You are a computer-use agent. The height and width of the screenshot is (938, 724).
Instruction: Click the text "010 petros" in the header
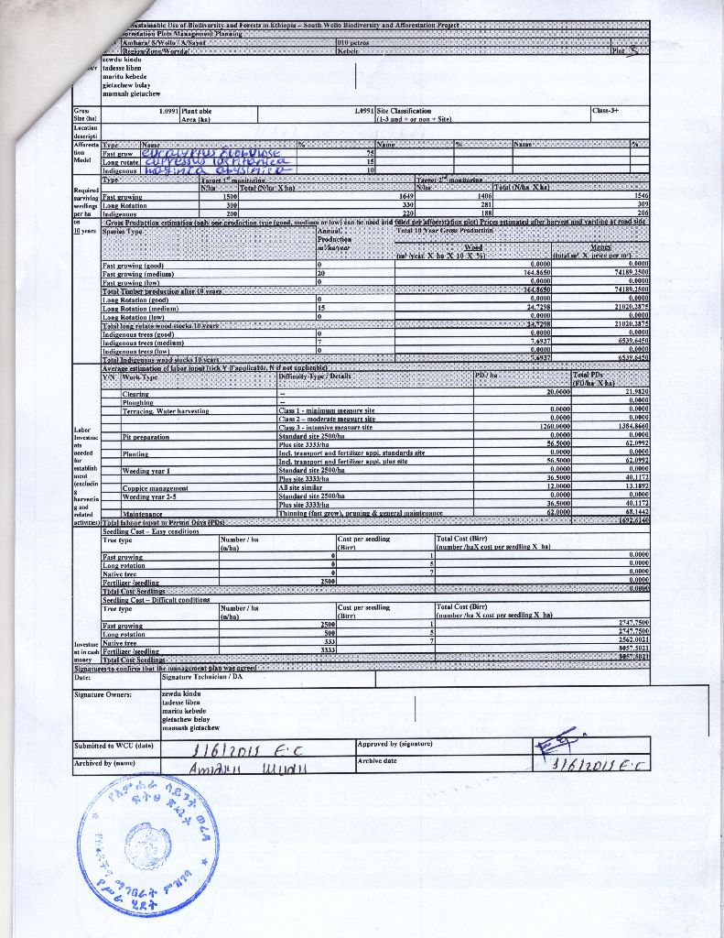[x=353, y=42]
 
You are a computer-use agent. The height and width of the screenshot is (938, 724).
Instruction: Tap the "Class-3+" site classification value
[x=607, y=111]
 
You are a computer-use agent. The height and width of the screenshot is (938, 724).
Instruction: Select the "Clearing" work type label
[x=135, y=393]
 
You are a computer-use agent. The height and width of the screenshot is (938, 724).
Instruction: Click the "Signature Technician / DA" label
[x=200, y=677]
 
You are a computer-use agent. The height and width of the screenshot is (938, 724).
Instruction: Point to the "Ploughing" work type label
[x=137, y=402]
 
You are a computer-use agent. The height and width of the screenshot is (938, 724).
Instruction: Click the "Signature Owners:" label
[x=103, y=693]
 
